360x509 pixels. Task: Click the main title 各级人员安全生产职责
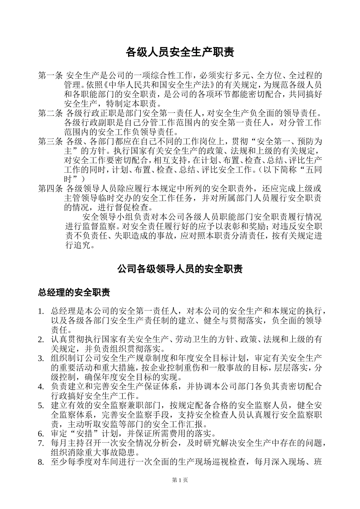180,52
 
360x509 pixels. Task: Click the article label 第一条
50,75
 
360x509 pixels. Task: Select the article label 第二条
50,113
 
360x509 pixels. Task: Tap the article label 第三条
50,142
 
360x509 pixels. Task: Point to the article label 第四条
50,189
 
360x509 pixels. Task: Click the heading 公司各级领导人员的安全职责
180,269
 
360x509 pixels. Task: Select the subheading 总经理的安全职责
74,292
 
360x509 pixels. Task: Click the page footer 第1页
180,480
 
